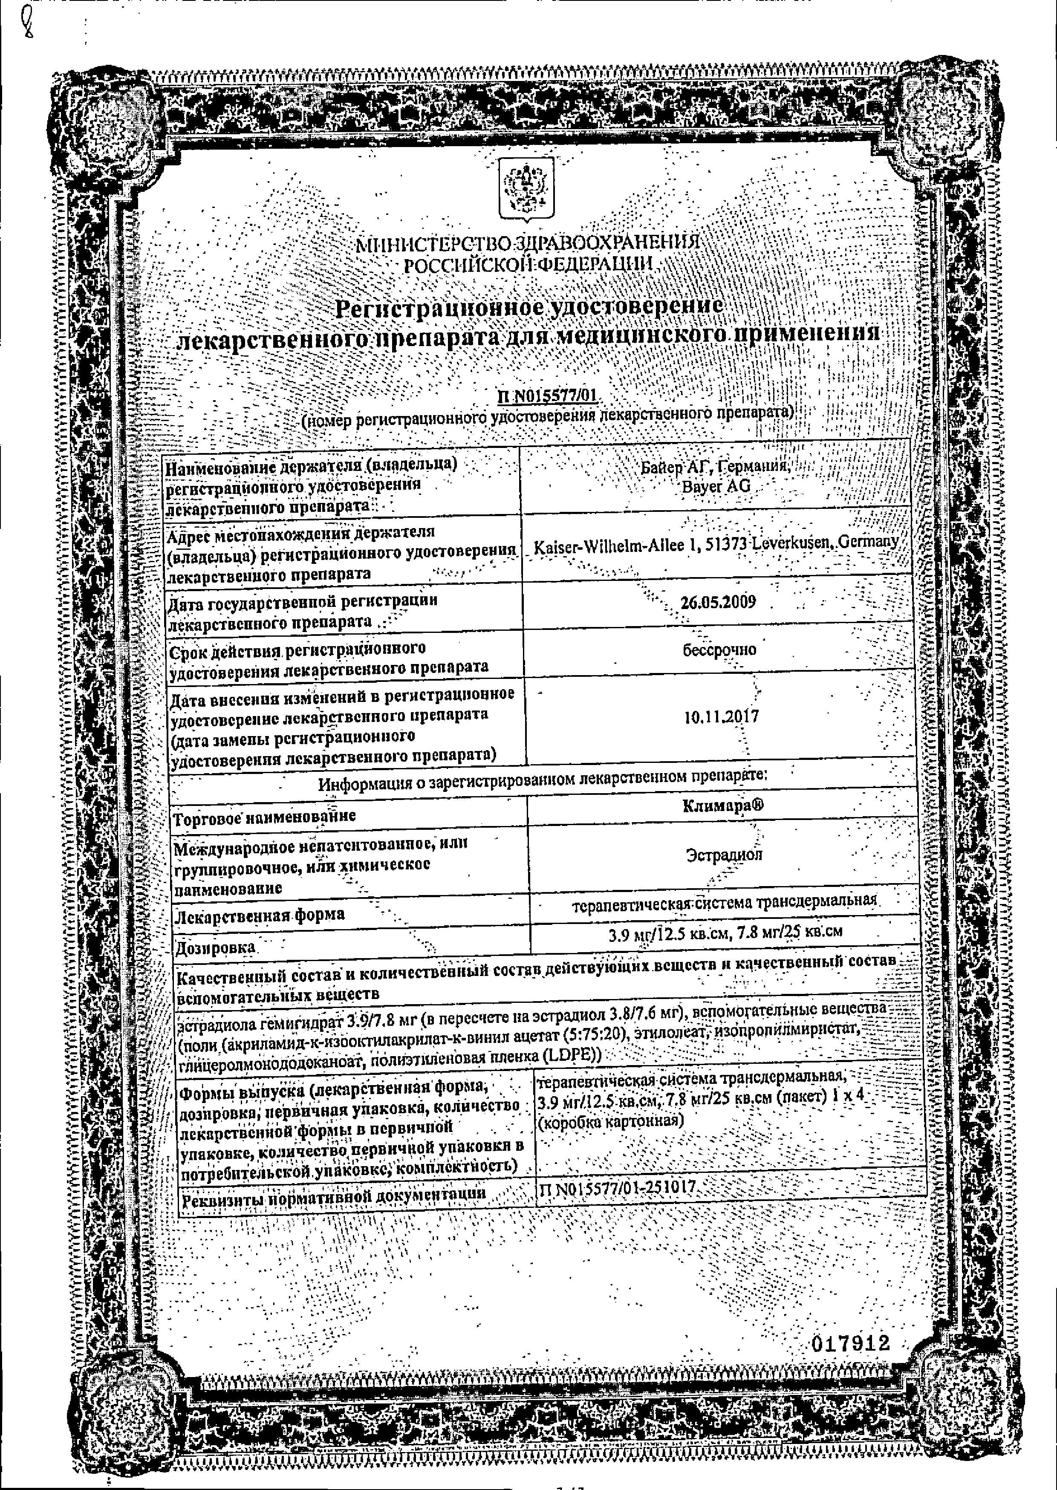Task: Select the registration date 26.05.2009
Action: tap(718, 601)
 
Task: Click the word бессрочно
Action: tap(719, 650)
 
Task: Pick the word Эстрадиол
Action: tap(724, 854)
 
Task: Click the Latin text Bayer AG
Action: tap(715, 485)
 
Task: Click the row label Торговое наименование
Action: tap(264, 816)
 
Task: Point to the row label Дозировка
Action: tap(215, 947)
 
